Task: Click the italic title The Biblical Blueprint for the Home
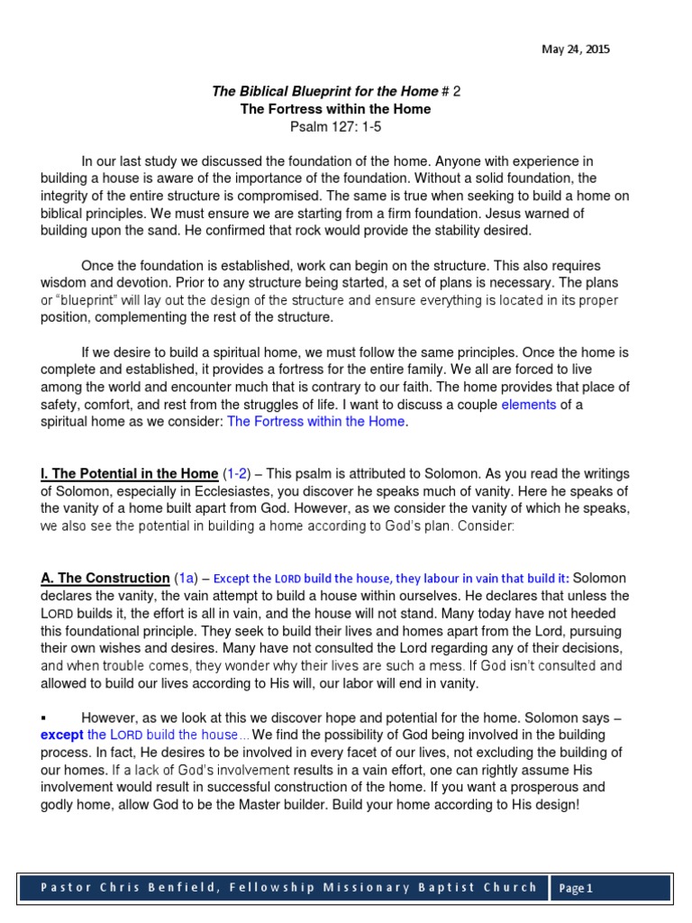pos(324,91)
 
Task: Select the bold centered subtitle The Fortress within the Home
pos(335,109)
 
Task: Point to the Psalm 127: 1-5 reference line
pos(335,126)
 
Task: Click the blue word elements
pos(529,405)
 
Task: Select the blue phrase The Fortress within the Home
pos(316,422)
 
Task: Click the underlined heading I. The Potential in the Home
pos(129,473)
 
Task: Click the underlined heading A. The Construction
pos(105,578)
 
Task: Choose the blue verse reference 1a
pos(185,578)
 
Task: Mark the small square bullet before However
pos(43,717)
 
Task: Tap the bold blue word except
pos(62,735)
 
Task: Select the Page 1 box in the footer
pos(576,888)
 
